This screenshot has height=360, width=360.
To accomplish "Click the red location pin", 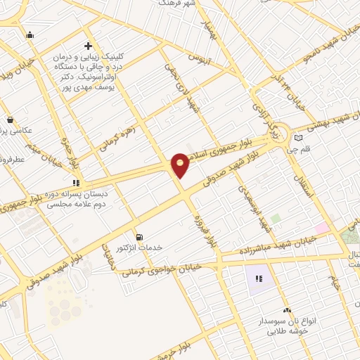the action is click(x=181, y=165).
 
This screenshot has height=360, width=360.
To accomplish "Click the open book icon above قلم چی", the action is click(x=300, y=138).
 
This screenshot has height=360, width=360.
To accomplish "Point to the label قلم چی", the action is click(x=309, y=149).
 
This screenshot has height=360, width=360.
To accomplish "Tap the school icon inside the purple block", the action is click(x=259, y=279).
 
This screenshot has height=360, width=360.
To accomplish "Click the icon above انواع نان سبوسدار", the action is click(x=286, y=310).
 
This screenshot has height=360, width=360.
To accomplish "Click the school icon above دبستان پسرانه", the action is click(x=77, y=184).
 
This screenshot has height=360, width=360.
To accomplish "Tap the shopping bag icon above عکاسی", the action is click(x=10, y=120).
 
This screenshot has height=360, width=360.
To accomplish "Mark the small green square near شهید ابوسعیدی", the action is click(x=276, y=219).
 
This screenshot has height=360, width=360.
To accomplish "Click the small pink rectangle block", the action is click(x=321, y=228).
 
